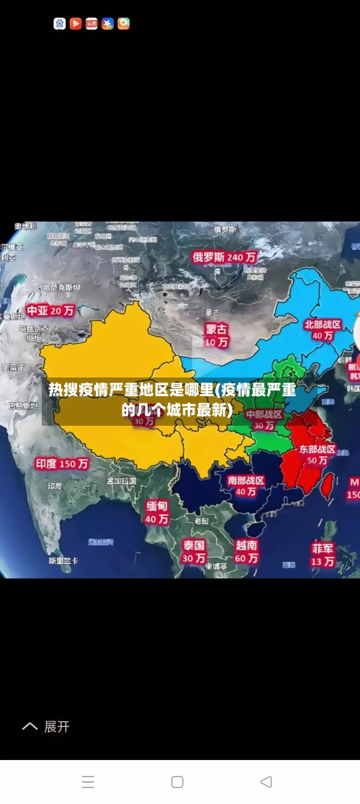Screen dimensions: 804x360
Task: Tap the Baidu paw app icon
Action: coord(60,24)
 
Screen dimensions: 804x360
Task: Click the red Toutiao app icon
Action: coord(91,24)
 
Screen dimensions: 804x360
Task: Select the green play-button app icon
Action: coord(124,24)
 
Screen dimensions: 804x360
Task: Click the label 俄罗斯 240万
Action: coord(225,256)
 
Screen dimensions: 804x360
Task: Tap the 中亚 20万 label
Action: coord(50,311)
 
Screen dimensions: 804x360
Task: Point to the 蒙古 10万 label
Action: coord(216,335)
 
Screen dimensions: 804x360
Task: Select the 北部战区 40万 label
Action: coord(322,330)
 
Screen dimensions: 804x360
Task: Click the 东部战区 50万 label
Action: coord(317,455)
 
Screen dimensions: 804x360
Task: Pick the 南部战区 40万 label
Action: coord(246,486)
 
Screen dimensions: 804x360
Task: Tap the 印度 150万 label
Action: coord(62,464)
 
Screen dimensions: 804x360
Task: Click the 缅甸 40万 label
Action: coord(157,512)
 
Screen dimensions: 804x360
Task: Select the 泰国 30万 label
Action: coord(193,551)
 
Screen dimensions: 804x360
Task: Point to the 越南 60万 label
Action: coord(247,551)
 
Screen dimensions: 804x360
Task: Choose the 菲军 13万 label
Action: coord(323,554)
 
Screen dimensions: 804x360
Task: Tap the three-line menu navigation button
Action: coord(88,782)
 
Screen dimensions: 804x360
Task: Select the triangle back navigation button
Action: coord(266,782)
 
